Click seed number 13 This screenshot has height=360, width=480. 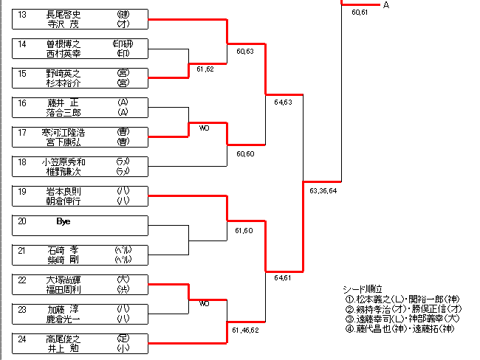pos(22,14)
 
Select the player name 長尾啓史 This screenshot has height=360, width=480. pos(63,14)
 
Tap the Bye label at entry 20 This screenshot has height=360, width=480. pos(64,221)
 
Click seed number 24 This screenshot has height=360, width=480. pos(22,339)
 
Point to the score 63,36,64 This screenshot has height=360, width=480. pos(323,190)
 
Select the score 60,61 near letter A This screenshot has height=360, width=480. pos(360,13)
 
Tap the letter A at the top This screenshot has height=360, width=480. pos(386,5)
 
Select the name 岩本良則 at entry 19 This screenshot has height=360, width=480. pos(63,191)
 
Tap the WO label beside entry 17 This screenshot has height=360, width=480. pos(205,127)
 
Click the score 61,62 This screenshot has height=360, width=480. pos(205,69)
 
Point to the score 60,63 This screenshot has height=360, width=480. pos(245,51)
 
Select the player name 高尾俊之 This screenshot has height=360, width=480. pos(63,339)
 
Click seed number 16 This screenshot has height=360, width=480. pos(22,103)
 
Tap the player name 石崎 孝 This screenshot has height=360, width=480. pos(63,250)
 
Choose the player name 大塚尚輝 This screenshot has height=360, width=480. pos(63,280)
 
